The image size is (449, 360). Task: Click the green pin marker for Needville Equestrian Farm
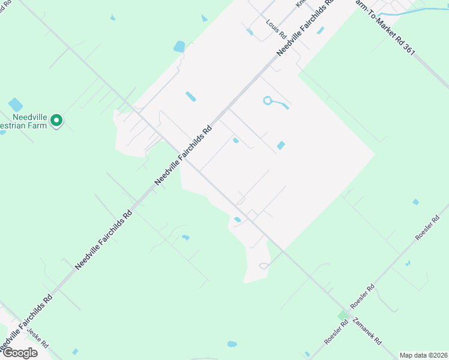pyautogui.click(x=56, y=121)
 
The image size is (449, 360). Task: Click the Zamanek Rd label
pyautogui.click(x=367, y=331)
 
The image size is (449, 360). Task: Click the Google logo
pyautogui.click(x=19, y=352)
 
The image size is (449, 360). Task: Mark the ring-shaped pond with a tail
pyautogui.click(x=268, y=101)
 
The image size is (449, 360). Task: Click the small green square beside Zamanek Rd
pyautogui.click(x=343, y=314)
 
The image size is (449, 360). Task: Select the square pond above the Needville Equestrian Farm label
pyautogui.click(x=16, y=105)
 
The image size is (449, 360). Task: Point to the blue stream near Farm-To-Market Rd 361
pyautogui.click(x=414, y=11)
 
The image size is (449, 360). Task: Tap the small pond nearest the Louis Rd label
pyautogui.click(x=250, y=32)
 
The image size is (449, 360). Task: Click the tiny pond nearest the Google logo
pyautogui.click(x=75, y=352)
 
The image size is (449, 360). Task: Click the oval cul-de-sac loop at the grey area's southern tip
pyautogui.click(x=263, y=266)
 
